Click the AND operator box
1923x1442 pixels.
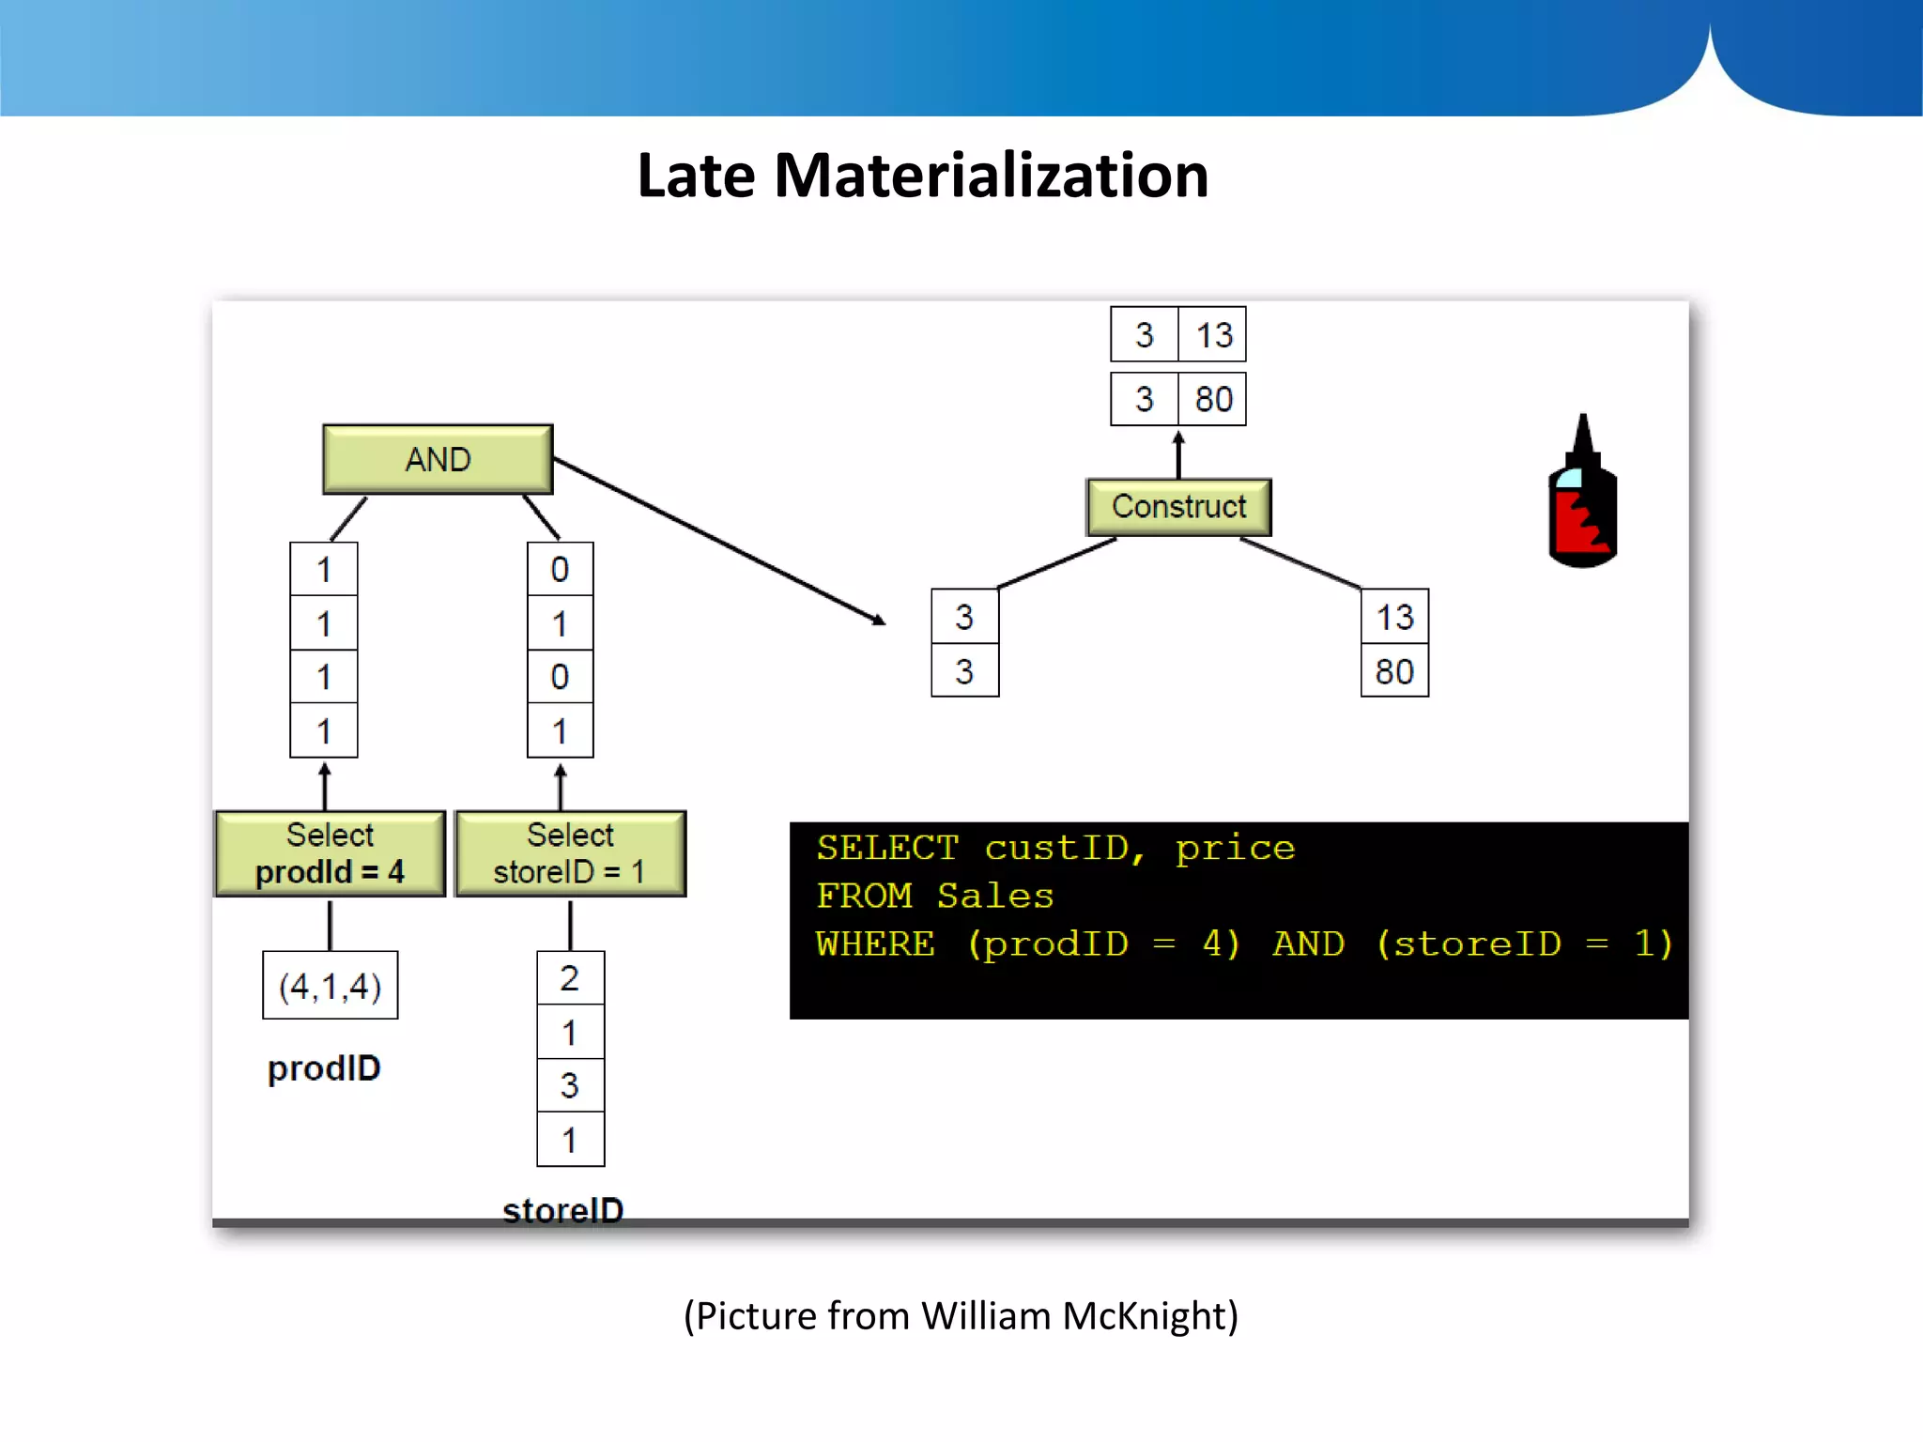(x=438, y=459)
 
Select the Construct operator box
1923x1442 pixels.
(x=1178, y=507)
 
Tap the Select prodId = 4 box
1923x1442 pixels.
(x=330, y=853)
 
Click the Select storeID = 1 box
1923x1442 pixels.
(x=570, y=853)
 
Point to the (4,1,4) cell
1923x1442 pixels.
(x=330, y=986)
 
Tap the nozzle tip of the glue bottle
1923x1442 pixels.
(x=1583, y=419)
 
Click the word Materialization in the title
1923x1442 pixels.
(x=991, y=176)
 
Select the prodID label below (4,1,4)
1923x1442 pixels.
(x=324, y=1068)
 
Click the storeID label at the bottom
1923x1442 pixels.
(x=562, y=1209)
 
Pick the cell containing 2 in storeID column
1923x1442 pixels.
(x=570, y=978)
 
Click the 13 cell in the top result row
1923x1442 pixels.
(x=1213, y=334)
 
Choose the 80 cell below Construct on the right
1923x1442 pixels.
(x=1394, y=671)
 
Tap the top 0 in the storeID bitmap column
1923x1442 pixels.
(x=560, y=569)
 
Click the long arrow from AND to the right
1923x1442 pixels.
(x=718, y=541)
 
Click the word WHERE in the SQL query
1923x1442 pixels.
(x=875, y=943)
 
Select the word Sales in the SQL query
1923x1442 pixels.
(x=995, y=896)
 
